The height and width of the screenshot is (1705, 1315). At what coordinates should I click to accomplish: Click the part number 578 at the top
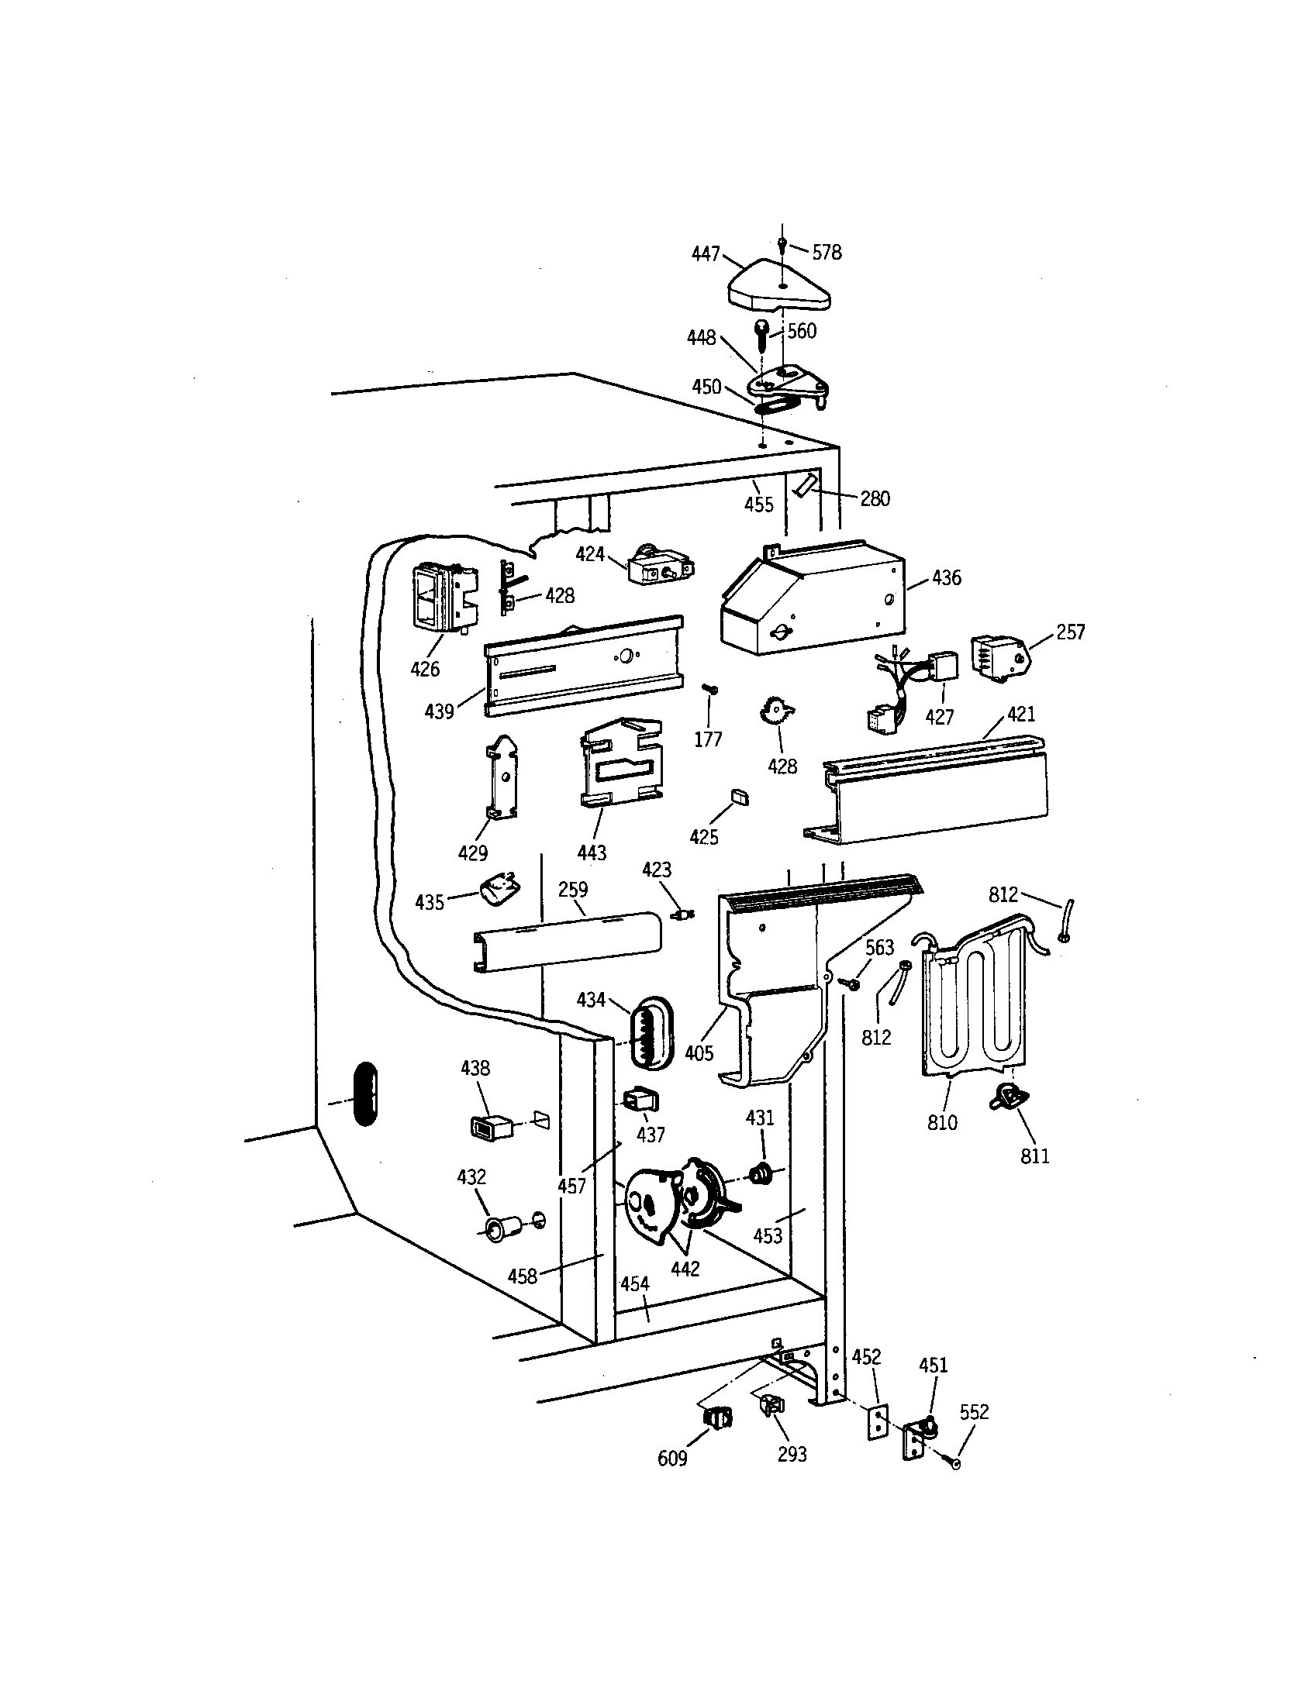(827, 252)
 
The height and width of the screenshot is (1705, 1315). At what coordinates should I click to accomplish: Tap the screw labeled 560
(761, 336)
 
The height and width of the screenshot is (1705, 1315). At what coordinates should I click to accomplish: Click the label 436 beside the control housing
(947, 578)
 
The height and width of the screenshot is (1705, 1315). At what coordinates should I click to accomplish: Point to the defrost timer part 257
(999, 657)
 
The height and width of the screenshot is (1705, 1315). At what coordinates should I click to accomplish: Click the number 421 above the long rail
(1020, 714)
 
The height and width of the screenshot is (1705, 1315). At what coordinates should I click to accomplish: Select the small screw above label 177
(709, 687)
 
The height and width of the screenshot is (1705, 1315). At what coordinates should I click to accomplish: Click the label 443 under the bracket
(592, 852)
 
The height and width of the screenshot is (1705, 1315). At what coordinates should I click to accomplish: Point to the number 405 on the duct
(699, 1053)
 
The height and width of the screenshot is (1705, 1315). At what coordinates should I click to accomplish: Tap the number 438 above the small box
(475, 1068)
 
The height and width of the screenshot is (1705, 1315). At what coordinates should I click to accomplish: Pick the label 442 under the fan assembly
(685, 1269)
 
